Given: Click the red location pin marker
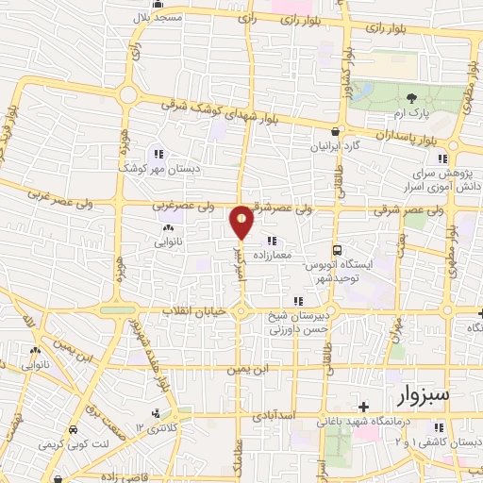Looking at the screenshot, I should pos(241,222).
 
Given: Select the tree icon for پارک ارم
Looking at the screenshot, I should pos(410,97).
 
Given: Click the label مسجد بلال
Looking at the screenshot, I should pos(182,18).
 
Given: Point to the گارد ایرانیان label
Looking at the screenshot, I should pos(335,148).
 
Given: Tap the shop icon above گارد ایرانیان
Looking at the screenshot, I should pos(335,132).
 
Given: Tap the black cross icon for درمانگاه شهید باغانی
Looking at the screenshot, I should pos(364,407).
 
